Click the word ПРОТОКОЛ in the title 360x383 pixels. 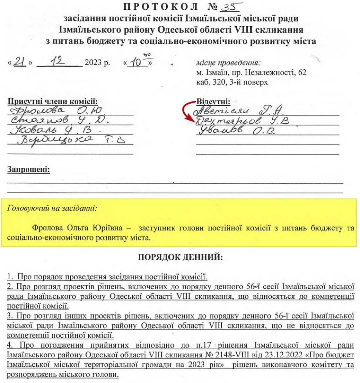pyautogui.click(x=161, y=7)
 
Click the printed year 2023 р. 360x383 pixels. pyautogui.click(x=97, y=62)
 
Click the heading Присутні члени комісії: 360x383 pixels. pyautogui.click(x=53, y=101)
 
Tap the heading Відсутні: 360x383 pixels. pyautogui.click(x=213, y=101)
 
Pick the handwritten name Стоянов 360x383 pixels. pyautogui.click(x=39, y=120)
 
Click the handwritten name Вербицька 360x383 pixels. pyautogui.click(x=55, y=139)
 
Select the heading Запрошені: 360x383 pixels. pyautogui.click(x=28, y=169)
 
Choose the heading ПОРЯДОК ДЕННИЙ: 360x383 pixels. pyautogui.click(x=180, y=257)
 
